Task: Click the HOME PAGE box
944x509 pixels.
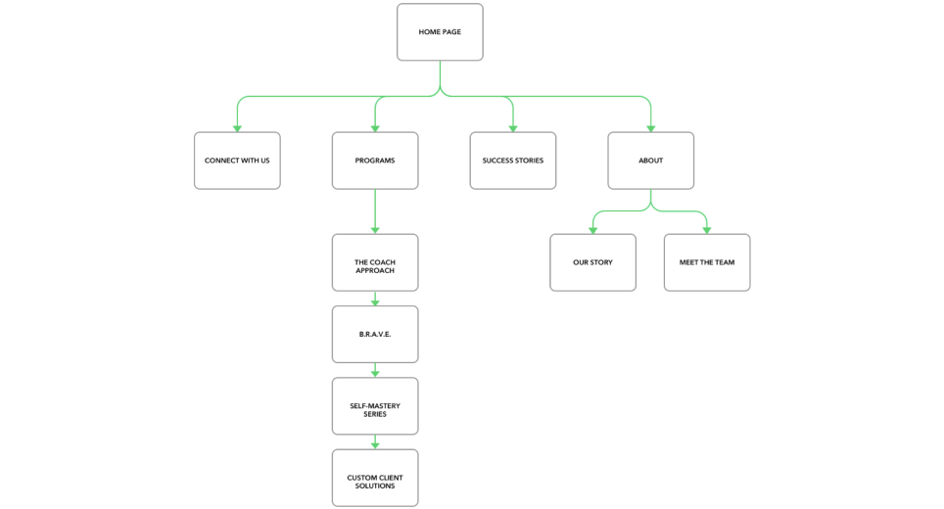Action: (440, 32)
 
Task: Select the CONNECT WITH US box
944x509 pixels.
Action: (237, 161)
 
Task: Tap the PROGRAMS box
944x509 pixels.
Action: (375, 161)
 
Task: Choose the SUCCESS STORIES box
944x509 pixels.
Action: (513, 161)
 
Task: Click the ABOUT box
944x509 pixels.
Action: (651, 161)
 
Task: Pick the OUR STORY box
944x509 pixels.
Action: (592, 262)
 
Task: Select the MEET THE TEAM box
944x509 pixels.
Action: (707, 262)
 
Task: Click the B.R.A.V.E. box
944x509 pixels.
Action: (375, 334)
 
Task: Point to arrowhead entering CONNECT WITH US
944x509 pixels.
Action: (237, 128)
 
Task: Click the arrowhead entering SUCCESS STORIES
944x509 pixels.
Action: (513, 128)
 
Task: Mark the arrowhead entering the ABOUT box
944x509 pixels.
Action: (651, 128)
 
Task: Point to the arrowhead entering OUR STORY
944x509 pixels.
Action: (592, 230)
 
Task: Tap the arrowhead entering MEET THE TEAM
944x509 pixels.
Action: (707, 230)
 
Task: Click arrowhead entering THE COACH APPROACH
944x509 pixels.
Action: (375, 230)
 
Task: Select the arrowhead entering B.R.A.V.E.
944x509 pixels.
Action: (375, 301)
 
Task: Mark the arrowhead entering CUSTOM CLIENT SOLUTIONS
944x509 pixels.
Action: (375, 445)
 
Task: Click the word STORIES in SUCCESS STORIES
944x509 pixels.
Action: (528, 161)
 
